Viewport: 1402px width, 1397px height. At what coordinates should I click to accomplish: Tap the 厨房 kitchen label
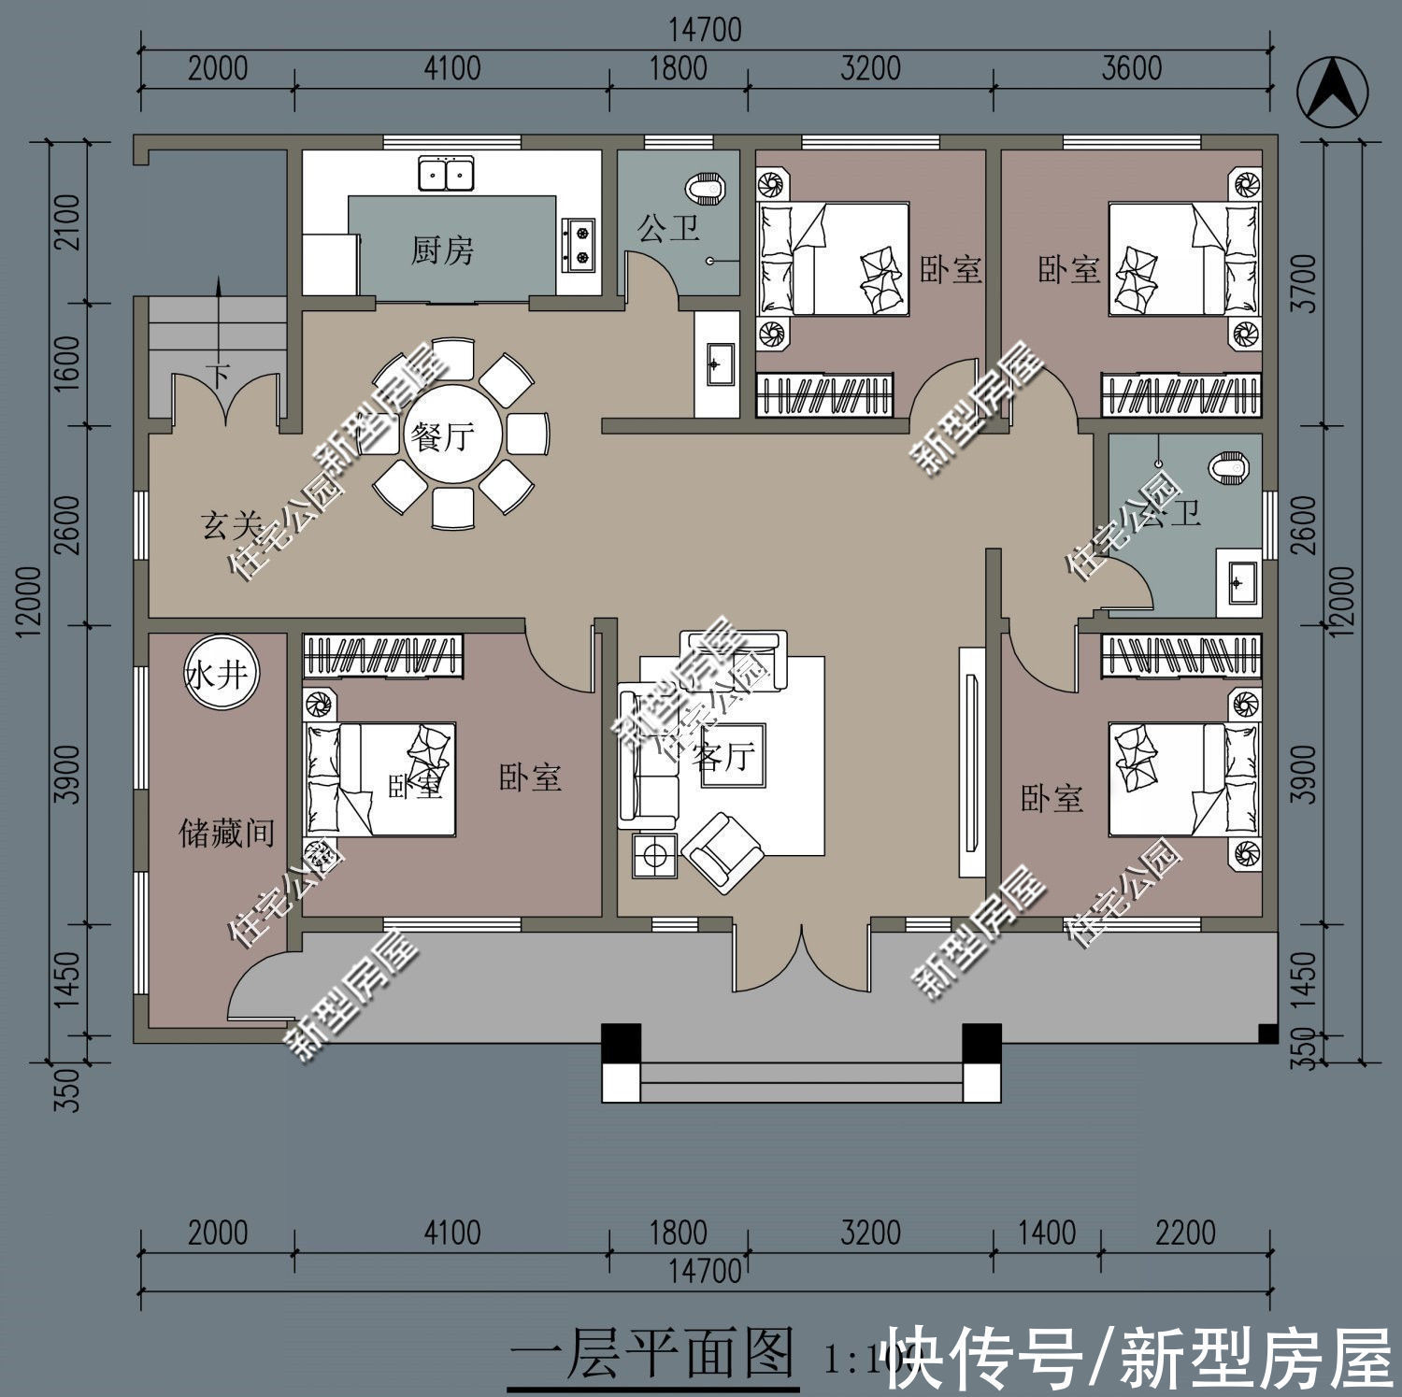click(442, 249)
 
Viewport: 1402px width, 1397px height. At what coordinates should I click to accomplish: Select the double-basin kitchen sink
click(446, 174)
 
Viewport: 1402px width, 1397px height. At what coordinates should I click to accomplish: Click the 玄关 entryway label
click(230, 525)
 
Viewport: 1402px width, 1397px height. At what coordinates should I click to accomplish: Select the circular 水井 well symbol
click(222, 673)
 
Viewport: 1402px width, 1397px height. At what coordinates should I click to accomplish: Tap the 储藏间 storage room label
click(225, 832)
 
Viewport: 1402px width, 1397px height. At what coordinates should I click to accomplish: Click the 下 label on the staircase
click(219, 376)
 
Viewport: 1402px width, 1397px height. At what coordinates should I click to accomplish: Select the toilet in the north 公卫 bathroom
click(705, 190)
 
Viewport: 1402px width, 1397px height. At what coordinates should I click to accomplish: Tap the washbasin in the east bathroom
click(1237, 583)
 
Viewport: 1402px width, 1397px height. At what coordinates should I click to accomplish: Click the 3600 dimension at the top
click(1131, 68)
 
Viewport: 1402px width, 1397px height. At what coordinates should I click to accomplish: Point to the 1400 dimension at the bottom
click(1047, 1233)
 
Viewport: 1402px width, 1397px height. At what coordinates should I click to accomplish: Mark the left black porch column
click(621, 1043)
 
